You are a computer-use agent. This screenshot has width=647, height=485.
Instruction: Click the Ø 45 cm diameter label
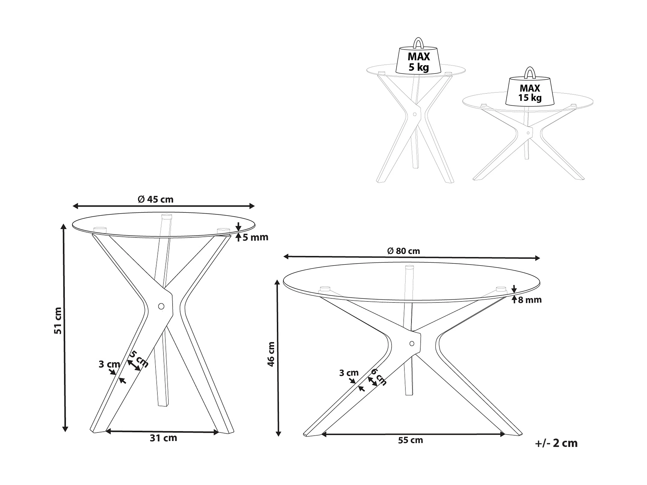155,199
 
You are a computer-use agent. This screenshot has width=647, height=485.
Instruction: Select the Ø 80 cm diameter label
403,251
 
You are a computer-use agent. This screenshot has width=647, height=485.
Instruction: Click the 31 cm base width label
163,438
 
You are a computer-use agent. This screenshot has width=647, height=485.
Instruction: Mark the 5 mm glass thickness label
255,237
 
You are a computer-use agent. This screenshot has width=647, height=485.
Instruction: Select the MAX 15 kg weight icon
530,92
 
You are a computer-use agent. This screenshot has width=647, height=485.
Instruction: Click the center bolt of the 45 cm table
161,306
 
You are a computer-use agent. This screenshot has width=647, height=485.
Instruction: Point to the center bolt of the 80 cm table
412,343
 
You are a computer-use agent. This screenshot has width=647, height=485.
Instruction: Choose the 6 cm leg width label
379,377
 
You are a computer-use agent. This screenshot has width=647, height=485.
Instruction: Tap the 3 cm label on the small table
109,364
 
